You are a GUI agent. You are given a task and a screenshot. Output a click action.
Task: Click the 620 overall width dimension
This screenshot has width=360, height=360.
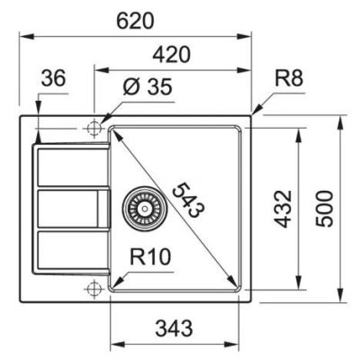(x=135, y=21)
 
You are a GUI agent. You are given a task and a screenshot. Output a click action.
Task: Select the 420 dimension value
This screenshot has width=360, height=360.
(x=172, y=55)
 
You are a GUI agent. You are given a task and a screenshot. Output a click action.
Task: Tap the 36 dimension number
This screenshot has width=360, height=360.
(x=53, y=78)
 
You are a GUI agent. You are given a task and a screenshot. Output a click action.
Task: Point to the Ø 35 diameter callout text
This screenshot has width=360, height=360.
(x=148, y=86)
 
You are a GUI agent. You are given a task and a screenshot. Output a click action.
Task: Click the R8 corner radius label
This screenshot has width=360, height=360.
(x=289, y=78)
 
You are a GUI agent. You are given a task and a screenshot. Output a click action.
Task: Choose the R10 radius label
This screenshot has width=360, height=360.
(x=150, y=256)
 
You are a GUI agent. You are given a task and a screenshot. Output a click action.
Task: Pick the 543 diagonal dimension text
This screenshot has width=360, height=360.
(x=188, y=199)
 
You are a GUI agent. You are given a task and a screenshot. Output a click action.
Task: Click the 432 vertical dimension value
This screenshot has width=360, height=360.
(x=283, y=209)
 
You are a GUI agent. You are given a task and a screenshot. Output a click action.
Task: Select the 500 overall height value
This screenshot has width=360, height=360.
(x=324, y=209)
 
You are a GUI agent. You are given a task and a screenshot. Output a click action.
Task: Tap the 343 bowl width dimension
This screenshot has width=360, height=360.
(x=174, y=328)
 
